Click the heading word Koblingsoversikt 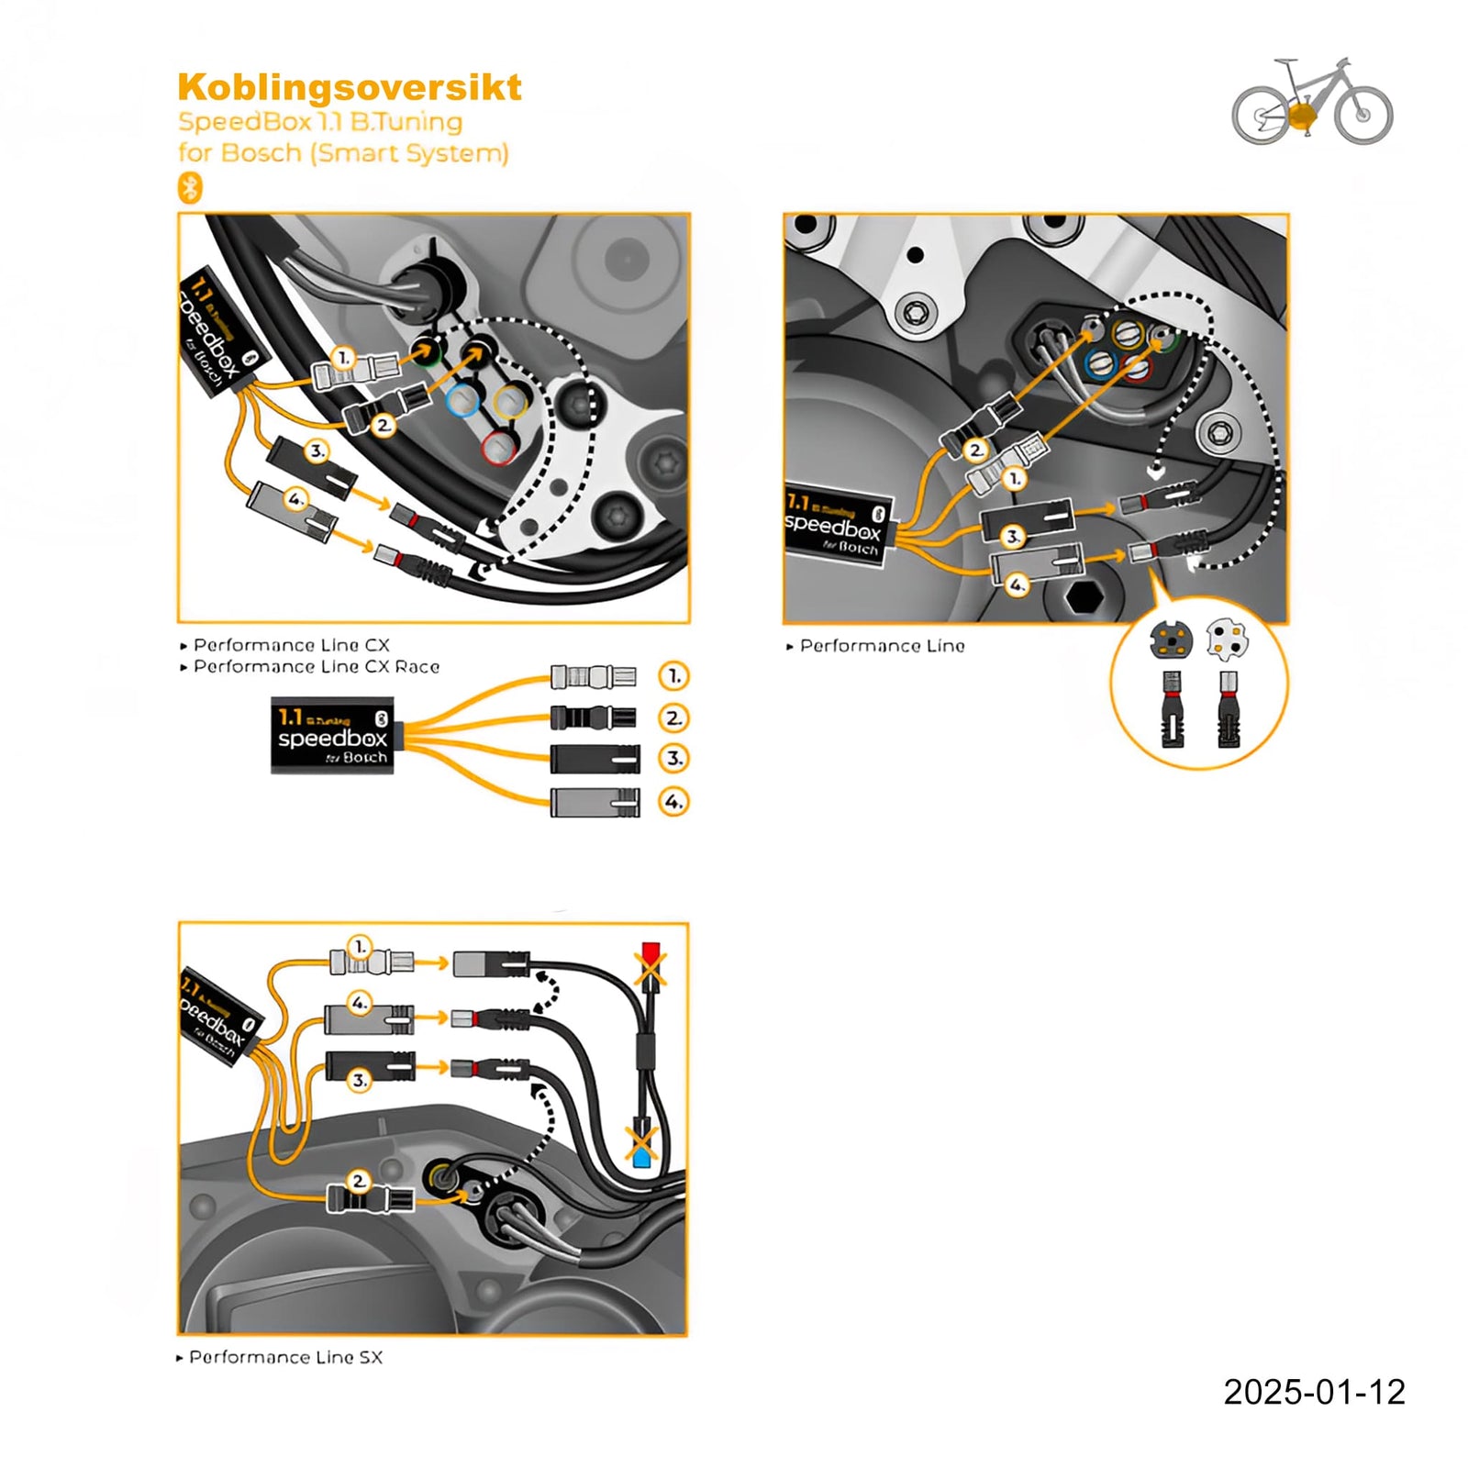pos(349,88)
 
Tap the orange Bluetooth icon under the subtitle pos(189,188)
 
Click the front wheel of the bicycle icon pos(1363,115)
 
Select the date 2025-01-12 pos(1313,1392)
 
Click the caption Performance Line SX pos(284,1357)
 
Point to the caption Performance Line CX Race pos(316,667)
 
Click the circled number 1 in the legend pos(673,676)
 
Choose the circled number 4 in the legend pos(673,802)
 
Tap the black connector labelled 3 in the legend pos(595,759)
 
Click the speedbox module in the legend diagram pos(333,736)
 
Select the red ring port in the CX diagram pos(499,448)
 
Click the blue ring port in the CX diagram pos(463,400)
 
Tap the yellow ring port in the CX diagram pos(510,400)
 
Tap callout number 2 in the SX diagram pos(359,1180)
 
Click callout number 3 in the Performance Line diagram pos(1012,536)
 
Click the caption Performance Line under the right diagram pos(881,646)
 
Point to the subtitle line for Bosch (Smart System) pos(343,152)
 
